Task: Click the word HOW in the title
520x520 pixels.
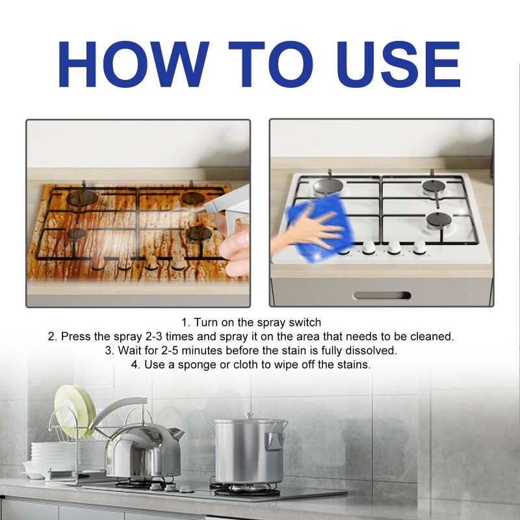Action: point(133,64)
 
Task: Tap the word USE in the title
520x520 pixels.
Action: point(398,64)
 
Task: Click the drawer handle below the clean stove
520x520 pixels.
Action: point(382,295)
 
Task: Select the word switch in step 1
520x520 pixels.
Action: point(305,322)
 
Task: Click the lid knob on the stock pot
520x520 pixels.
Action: point(250,415)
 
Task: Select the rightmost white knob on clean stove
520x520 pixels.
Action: point(419,247)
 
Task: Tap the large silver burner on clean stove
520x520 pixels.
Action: point(328,187)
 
